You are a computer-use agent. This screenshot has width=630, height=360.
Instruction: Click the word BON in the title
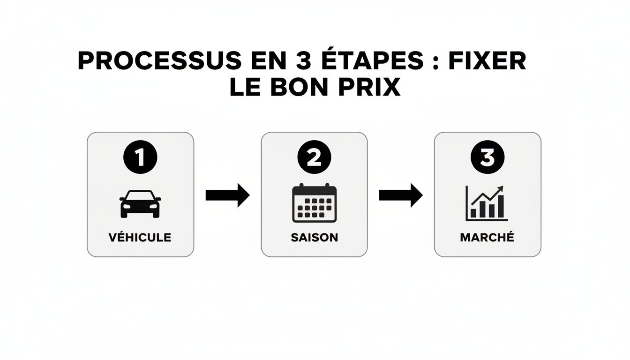click(297, 88)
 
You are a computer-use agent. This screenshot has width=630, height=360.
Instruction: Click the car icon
click(140, 204)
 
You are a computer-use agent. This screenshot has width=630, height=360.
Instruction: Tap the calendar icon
click(314, 203)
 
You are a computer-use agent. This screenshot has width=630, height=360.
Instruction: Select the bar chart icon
click(487, 203)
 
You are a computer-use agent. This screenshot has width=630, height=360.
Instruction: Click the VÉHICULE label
click(140, 237)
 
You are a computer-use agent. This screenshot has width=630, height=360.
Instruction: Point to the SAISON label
click(314, 237)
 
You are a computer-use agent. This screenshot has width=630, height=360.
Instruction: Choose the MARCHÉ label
click(487, 237)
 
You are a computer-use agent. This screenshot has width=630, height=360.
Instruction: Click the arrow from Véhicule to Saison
click(227, 195)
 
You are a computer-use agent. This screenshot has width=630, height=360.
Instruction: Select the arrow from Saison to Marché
click(401, 195)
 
